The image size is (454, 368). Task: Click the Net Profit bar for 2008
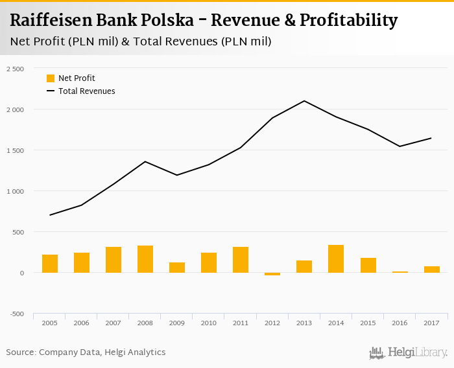pos(145,259)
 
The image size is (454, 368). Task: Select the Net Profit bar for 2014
pos(336,259)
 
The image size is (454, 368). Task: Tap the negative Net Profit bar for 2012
pos(272,274)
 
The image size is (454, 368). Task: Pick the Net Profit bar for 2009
pos(177,268)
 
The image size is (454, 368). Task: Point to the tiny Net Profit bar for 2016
pos(400,272)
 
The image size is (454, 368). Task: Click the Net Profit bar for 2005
pos(50,264)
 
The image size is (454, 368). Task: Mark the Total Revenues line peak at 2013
pos(304,101)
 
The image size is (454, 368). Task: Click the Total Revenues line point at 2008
pos(145,161)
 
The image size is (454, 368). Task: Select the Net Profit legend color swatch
pos(51,78)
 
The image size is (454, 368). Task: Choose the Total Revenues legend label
pos(86,91)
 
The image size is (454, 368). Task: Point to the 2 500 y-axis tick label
pos(14,69)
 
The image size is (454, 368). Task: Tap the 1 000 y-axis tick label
pos(14,191)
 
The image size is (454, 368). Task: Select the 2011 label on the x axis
pos(241,322)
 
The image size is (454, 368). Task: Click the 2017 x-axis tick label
pos(431,322)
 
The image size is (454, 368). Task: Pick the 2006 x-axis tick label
pos(82,322)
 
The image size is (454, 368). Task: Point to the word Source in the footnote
pos(21,352)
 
